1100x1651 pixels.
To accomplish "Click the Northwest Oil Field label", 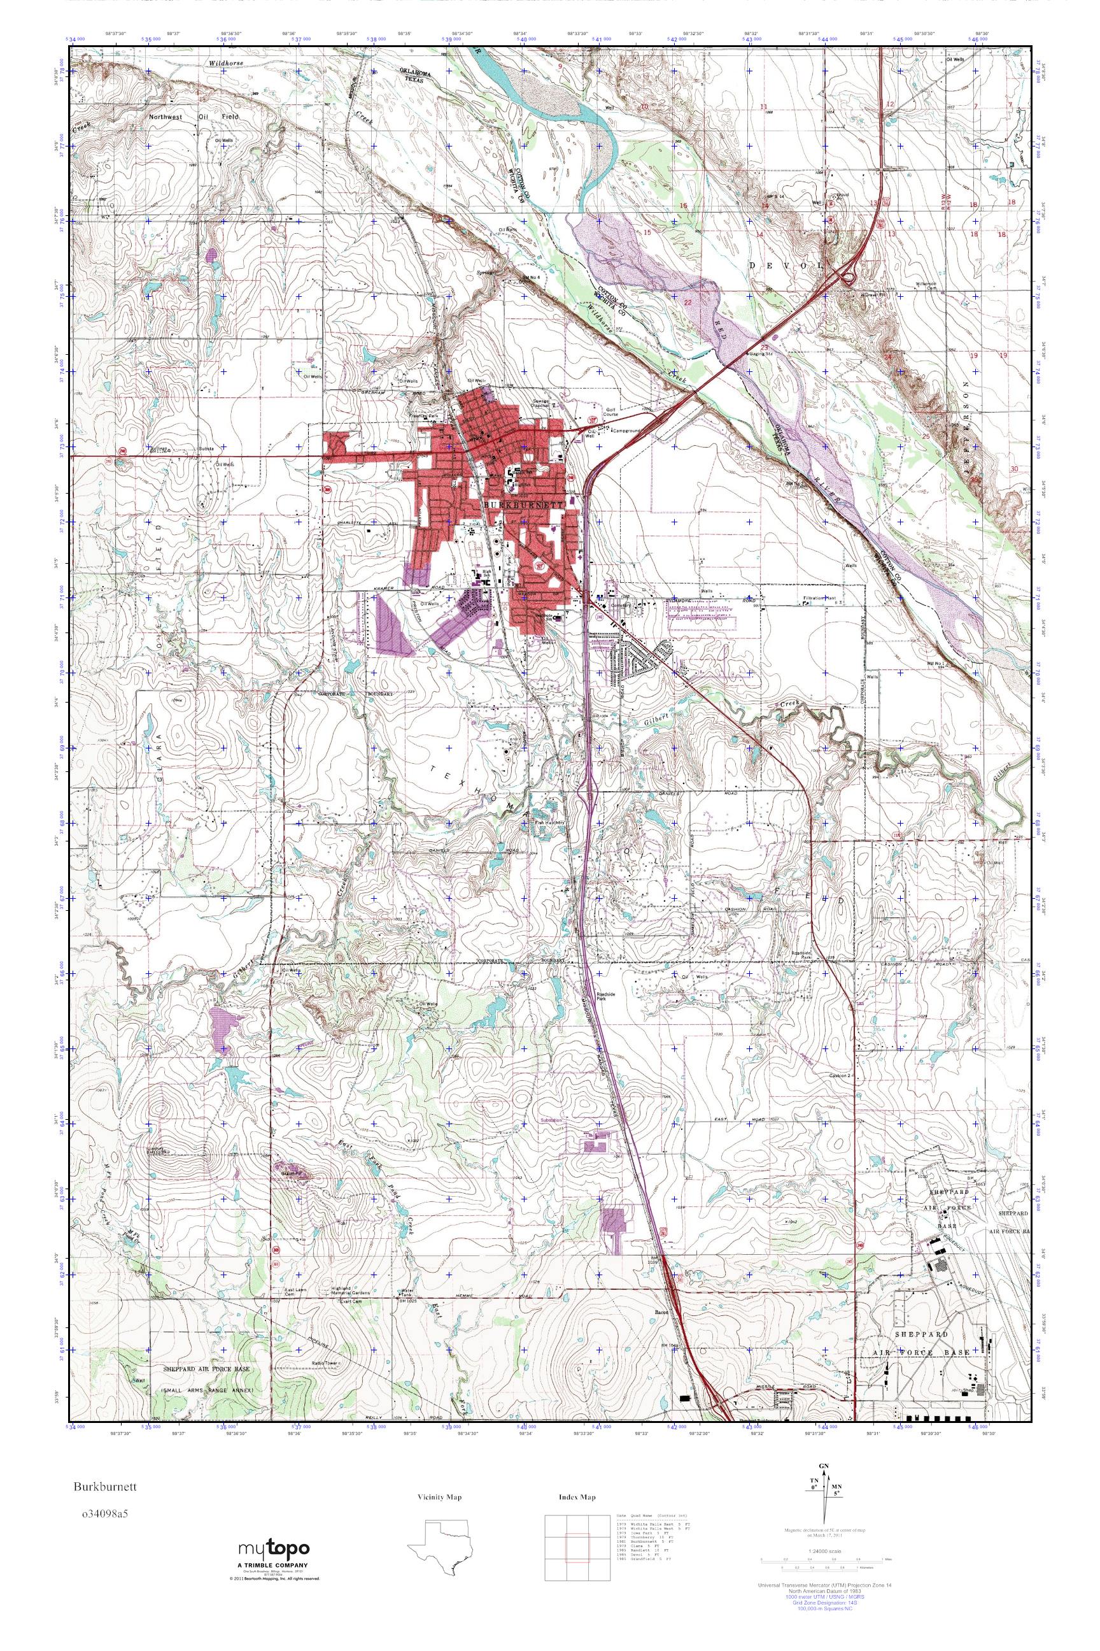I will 194,117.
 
